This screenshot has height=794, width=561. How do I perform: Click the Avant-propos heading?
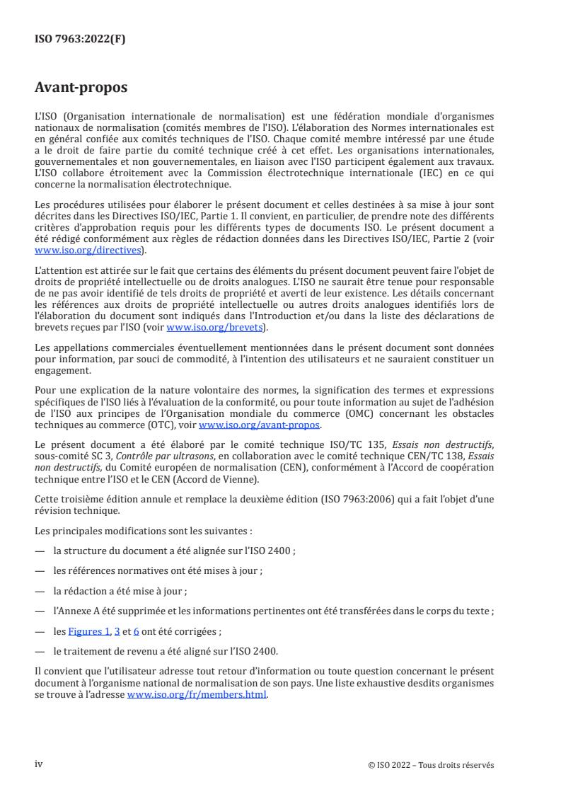(x=81, y=88)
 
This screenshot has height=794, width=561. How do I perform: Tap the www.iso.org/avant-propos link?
(x=260, y=425)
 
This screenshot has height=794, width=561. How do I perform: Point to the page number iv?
(x=39, y=764)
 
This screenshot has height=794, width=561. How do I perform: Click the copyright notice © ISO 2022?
(x=432, y=765)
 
